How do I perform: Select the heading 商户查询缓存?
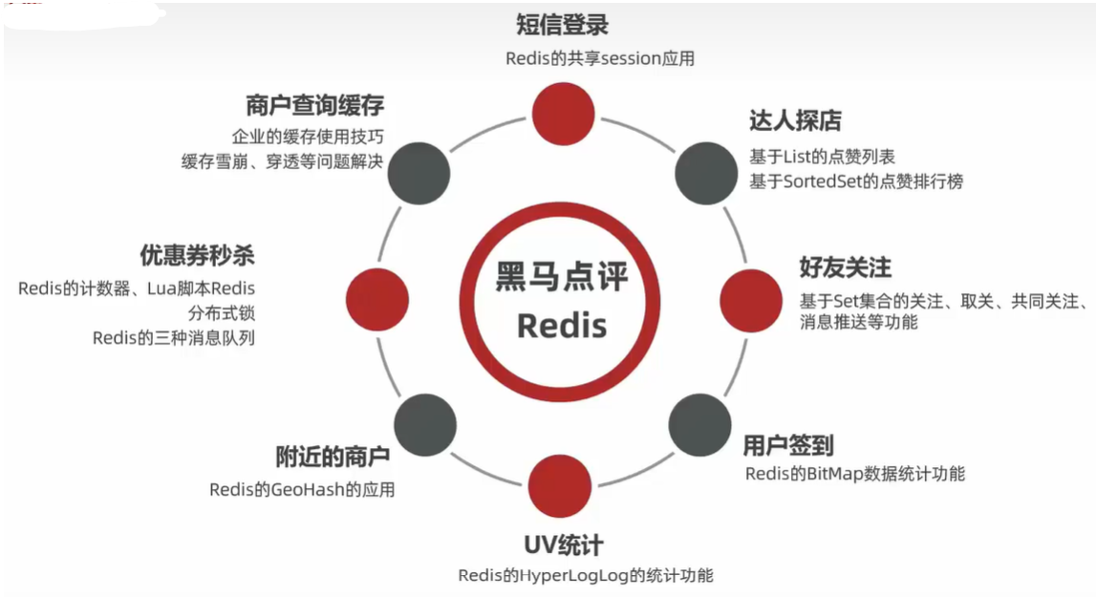pos(314,105)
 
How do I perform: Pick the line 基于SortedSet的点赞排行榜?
pos(855,181)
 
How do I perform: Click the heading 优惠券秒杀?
pos(197,256)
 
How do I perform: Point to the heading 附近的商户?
pos(333,457)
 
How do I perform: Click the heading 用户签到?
pos(788,444)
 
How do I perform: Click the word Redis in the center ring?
pos(562,325)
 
